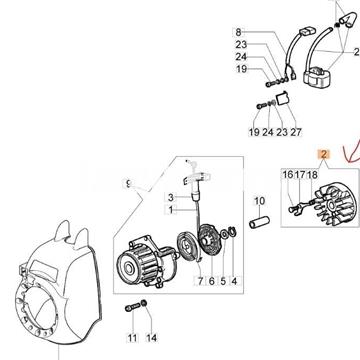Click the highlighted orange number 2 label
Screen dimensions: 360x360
[324, 154]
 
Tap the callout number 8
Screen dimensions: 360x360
[238, 32]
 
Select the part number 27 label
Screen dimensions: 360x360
[296, 132]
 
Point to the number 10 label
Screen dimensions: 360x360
[259, 201]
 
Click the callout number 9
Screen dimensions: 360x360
[128, 184]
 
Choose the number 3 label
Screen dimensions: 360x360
[171, 198]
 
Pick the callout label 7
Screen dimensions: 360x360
[200, 281]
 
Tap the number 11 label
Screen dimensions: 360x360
[132, 338]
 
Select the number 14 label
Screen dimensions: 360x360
[152, 338]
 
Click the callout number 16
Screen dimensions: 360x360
[288, 175]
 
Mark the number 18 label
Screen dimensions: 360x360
[312, 175]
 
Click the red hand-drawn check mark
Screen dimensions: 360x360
[351, 153]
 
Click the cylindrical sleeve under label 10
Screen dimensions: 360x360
[260, 222]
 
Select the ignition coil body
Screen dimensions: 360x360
[318, 77]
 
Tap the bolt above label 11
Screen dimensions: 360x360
[133, 308]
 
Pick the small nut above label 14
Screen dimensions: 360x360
[144, 304]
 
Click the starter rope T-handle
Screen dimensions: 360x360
[197, 177]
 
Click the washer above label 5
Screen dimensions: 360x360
[225, 234]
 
